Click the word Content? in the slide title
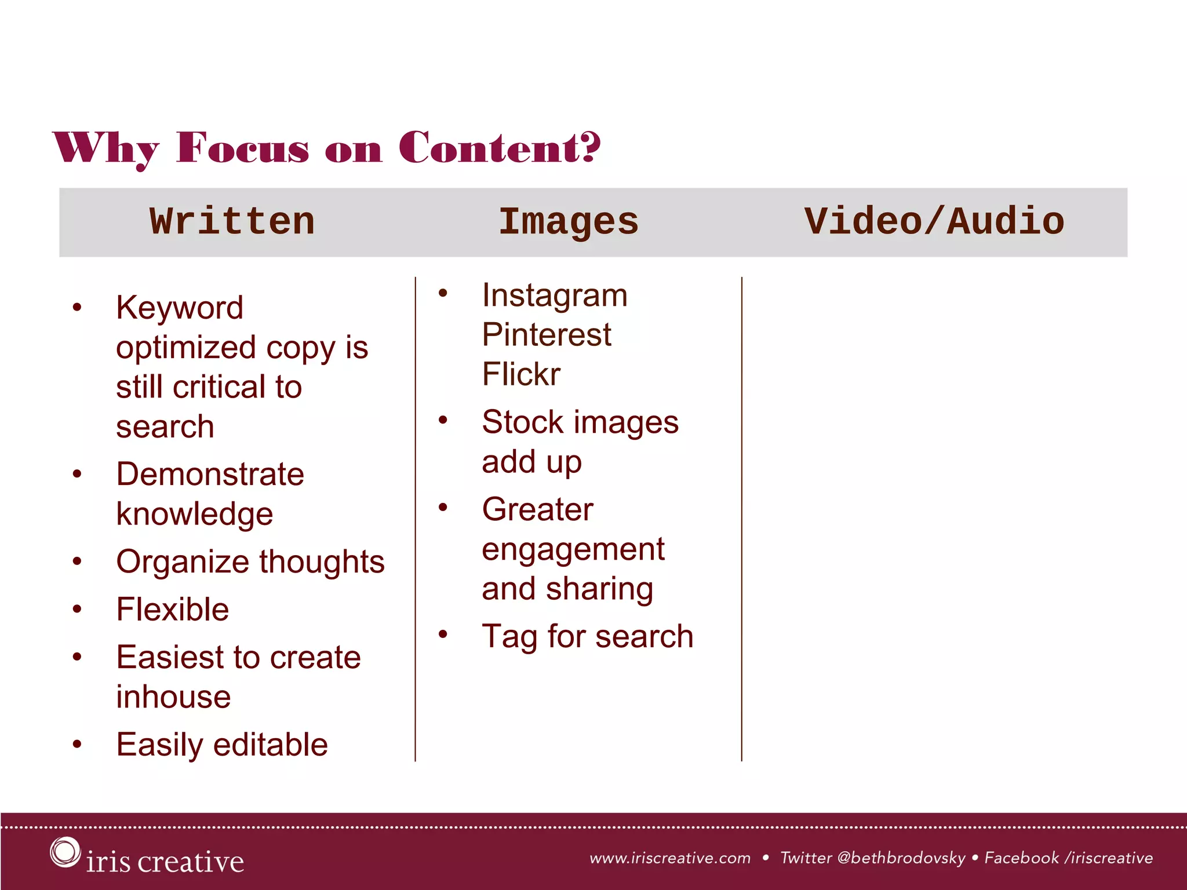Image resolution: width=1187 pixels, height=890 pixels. pos(500,148)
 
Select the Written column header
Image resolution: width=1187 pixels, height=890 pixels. pos(232,222)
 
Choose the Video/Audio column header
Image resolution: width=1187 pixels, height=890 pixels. pos(934,222)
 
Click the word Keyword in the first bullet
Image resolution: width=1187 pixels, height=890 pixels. pos(180,308)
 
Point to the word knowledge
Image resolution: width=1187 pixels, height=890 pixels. pos(195,514)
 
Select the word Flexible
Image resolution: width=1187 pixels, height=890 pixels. pos(173,610)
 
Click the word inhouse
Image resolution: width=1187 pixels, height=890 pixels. pos(173,696)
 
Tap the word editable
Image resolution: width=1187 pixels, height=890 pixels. pos(271,745)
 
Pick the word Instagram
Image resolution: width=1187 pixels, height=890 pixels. pos(555,296)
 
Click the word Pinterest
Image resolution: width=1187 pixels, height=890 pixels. pos(547,335)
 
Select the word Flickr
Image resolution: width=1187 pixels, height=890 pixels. pos(521,374)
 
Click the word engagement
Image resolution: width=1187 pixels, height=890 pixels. pos(573,550)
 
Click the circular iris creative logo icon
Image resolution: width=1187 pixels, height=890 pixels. pos(64,852)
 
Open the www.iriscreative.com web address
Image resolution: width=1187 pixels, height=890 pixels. pos(670,858)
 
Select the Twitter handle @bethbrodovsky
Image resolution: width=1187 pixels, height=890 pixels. pos(901,858)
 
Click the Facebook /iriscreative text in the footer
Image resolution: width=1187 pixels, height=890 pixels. pos(1068,858)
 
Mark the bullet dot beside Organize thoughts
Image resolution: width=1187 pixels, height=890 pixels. pos(77,561)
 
